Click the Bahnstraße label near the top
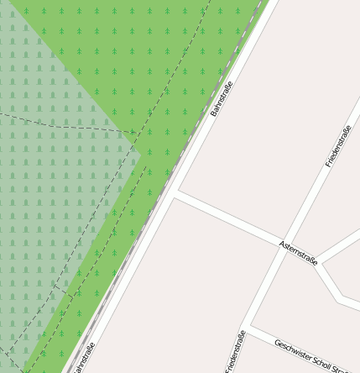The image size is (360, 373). click(221, 98)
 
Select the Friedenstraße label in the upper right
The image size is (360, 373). click(337, 145)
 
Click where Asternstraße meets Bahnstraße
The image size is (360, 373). click(175, 195)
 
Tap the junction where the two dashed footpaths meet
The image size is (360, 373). click(136, 134)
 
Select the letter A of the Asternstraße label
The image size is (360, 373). click(282, 244)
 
